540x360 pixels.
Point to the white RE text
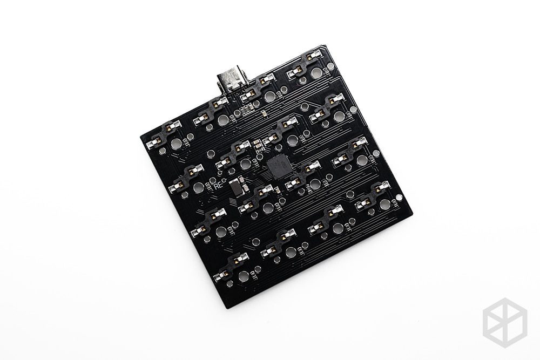(x=219, y=184)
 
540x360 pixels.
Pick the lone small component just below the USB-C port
(x=263, y=114)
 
